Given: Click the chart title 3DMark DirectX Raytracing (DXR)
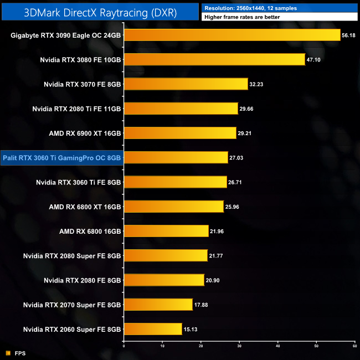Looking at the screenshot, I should pyautogui.click(x=100, y=12).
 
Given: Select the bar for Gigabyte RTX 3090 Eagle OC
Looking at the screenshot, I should pyautogui.click(x=232, y=35).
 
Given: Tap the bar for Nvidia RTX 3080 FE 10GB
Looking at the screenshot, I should pyautogui.click(x=214, y=59).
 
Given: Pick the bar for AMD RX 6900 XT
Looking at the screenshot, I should pyautogui.click(x=179, y=133).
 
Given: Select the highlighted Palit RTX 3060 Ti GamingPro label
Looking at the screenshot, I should pyautogui.click(x=62, y=158).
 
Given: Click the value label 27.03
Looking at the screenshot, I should pyautogui.click(x=237, y=158).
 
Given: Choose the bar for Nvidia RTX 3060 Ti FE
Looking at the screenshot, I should pyautogui.click(x=175, y=182).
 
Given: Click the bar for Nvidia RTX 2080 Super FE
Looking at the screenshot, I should pyautogui.click(x=166, y=255).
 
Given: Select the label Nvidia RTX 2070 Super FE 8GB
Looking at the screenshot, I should pyautogui.click(x=72, y=305).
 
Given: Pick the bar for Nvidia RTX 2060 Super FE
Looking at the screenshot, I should pyautogui.click(x=153, y=329).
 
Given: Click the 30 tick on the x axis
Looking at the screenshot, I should pyautogui.click(x=239, y=346).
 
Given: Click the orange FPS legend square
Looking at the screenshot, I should pyautogui.click(x=8, y=353).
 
